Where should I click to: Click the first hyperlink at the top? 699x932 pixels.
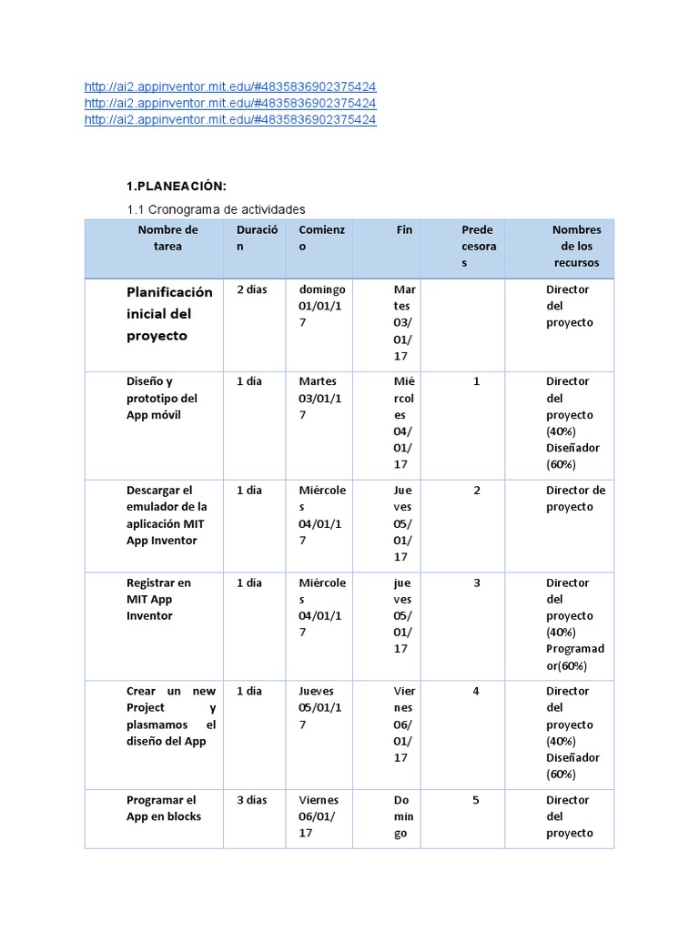point(229,86)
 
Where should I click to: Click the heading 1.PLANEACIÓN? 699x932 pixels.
point(176,186)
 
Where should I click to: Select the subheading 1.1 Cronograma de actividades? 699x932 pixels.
point(216,209)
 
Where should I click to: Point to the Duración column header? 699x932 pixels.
point(257,238)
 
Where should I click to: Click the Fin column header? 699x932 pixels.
point(404,230)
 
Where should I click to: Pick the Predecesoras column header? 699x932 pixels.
point(478,246)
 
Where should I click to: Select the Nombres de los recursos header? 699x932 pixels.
point(576,246)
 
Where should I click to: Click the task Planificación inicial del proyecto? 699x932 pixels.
point(169,314)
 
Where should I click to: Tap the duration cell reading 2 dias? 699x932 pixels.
point(252,289)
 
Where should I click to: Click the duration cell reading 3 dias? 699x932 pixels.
point(252,800)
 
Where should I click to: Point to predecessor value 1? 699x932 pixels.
point(476,381)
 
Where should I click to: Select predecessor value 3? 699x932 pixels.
point(476,582)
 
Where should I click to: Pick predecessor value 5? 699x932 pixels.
point(476,800)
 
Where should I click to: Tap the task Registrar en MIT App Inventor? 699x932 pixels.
point(158,599)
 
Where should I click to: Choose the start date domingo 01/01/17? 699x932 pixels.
point(321,306)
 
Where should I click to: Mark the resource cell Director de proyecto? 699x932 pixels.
point(575,499)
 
